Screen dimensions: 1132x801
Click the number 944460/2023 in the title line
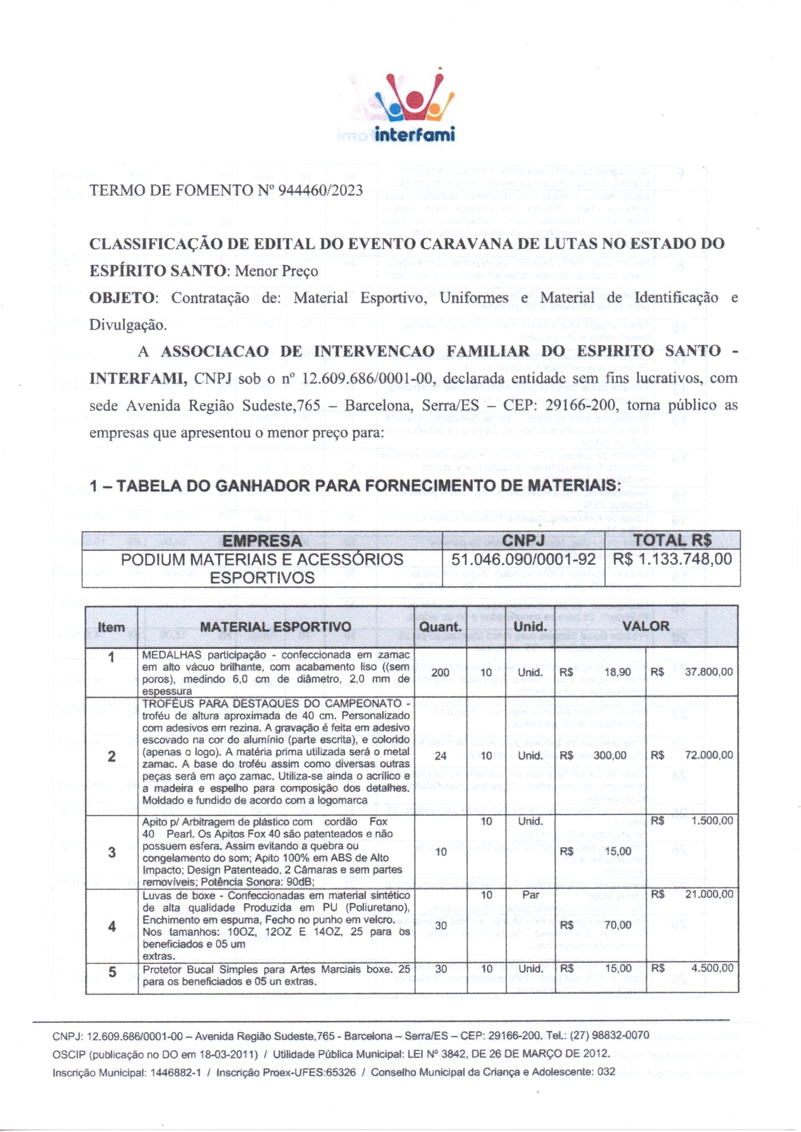(321, 190)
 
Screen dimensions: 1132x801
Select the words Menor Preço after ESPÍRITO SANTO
(276, 271)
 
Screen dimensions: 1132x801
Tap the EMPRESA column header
(262, 541)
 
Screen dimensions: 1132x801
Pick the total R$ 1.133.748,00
(672, 560)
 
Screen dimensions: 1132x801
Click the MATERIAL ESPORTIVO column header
(276, 627)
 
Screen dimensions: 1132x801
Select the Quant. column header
(440, 627)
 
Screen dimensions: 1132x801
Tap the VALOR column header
(646, 626)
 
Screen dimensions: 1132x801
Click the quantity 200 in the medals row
(440, 673)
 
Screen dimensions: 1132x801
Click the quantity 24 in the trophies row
(440, 755)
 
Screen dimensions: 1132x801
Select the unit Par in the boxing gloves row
(531, 894)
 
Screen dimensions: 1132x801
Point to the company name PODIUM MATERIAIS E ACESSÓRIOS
(262, 560)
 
